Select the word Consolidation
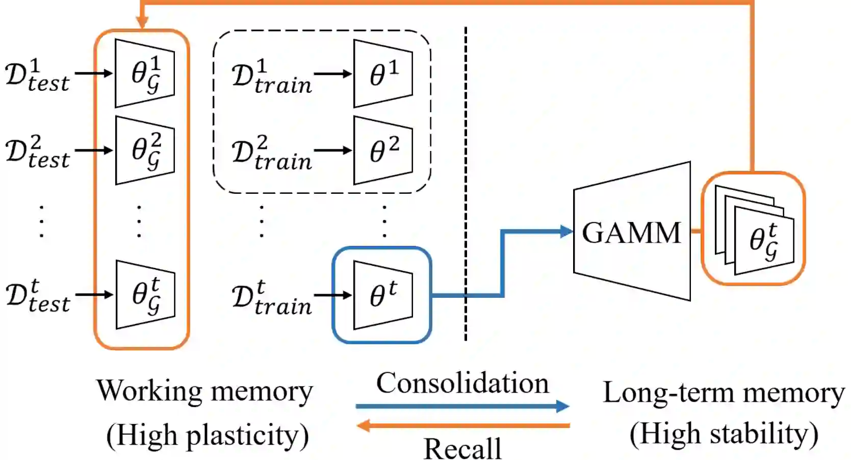(462, 383)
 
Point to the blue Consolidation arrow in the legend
(462, 406)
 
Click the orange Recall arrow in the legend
(462, 425)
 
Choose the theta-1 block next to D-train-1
(383, 73)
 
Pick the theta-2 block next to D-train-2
(383, 150)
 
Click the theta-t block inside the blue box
(383, 295)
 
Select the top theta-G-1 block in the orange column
(145, 73)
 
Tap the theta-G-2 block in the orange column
(145, 150)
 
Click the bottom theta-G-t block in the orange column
(145, 295)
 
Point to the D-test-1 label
(37, 75)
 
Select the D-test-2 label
(37, 152)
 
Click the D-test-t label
(37, 296)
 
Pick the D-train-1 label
(271, 76)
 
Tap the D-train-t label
(271, 298)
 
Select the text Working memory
(204, 392)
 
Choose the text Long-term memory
(724, 393)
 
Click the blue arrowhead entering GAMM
(566, 232)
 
